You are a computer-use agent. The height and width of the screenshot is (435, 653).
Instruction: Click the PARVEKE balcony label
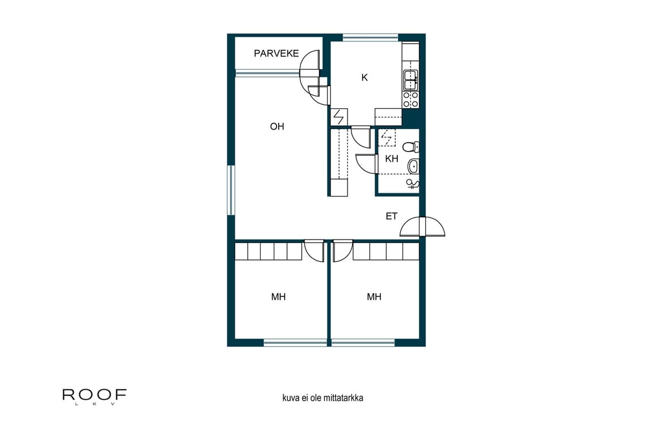click(x=276, y=54)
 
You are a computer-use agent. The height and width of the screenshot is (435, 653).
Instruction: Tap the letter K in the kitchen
click(x=364, y=78)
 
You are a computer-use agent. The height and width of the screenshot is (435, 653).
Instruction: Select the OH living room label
click(x=277, y=127)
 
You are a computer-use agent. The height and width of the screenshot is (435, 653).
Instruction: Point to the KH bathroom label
click(x=392, y=159)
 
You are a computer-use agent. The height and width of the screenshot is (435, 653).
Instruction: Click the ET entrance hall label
click(x=392, y=216)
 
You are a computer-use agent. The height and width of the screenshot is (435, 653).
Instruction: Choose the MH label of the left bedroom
click(x=278, y=297)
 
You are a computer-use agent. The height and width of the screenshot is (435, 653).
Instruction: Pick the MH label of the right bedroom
click(x=374, y=297)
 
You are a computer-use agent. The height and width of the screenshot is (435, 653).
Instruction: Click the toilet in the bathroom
click(x=413, y=147)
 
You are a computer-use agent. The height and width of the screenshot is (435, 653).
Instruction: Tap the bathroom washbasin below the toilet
click(x=414, y=166)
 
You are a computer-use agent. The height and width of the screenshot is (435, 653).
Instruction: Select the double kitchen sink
click(x=410, y=80)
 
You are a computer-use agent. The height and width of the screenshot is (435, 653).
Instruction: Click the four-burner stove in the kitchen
click(x=410, y=100)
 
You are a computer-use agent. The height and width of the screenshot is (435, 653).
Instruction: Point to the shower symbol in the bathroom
click(x=414, y=183)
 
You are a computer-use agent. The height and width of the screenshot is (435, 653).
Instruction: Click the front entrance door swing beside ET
click(x=422, y=227)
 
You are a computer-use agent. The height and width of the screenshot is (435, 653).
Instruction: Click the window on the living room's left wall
click(x=231, y=190)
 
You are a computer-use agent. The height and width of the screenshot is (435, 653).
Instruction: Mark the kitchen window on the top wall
click(x=371, y=38)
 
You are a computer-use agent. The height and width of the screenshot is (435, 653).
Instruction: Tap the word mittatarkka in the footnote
click(x=344, y=398)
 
